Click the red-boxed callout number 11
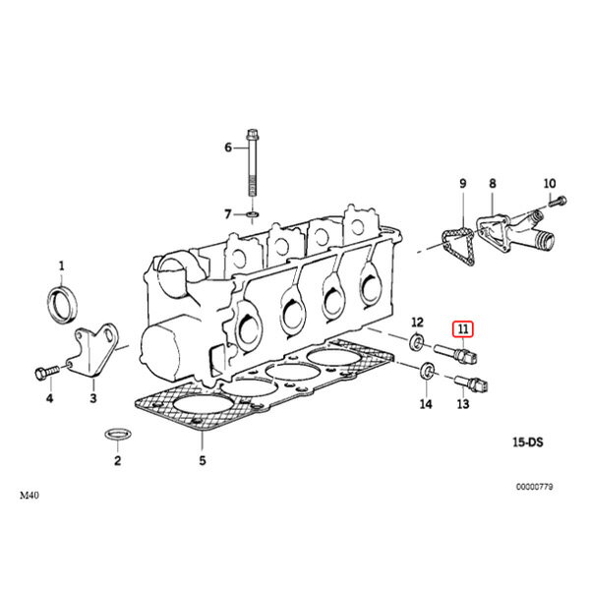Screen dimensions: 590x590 pyautogui.click(x=463, y=329)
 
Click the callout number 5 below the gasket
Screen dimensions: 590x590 pyautogui.click(x=203, y=460)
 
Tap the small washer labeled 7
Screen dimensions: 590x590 pyautogui.click(x=252, y=214)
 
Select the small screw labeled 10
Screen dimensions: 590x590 pyautogui.click(x=558, y=201)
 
